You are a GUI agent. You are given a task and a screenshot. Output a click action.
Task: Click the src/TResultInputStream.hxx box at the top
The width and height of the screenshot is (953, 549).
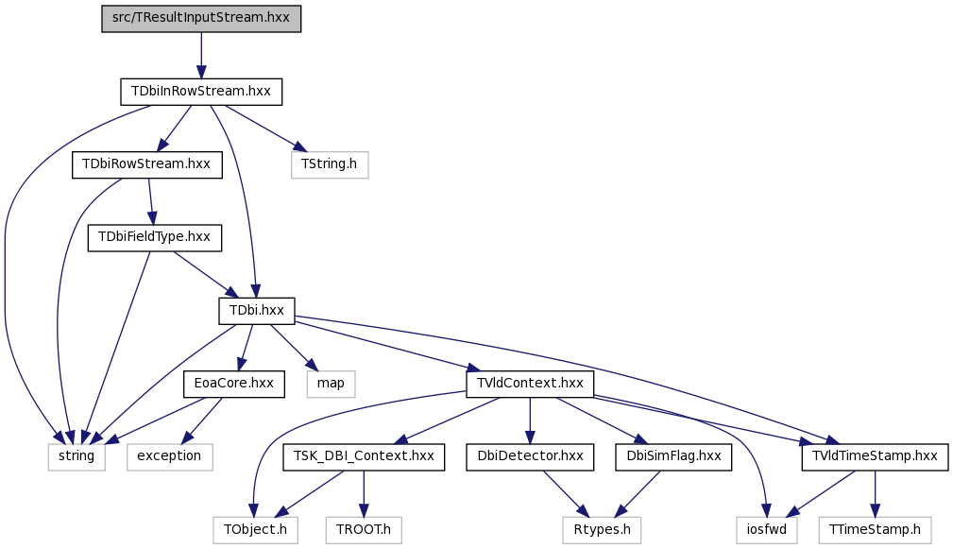[x=201, y=18]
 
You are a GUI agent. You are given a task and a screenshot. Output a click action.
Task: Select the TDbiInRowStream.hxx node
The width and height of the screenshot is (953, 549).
[x=201, y=92]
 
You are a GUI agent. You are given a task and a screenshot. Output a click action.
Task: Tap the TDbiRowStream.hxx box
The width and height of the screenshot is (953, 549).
[x=147, y=164]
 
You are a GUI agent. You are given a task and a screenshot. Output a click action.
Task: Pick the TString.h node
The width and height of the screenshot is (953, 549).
[x=330, y=164]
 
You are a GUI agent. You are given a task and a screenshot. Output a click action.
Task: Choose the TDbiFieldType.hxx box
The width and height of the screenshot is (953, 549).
[x=154, y=238]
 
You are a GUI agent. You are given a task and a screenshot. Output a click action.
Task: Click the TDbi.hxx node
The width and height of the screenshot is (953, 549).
[x=257, y=311]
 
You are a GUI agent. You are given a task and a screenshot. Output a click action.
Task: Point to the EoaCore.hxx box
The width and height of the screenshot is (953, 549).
[x=234, y=384]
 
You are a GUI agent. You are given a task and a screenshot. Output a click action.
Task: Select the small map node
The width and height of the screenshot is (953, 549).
[x=331, y=384]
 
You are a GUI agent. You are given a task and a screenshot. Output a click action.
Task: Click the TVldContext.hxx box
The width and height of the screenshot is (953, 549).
[x=530, y=384]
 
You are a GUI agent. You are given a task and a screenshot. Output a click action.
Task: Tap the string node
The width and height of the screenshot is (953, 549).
[x=77, y=456]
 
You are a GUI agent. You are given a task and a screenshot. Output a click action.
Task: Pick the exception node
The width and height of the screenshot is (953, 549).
[x=170, y=456]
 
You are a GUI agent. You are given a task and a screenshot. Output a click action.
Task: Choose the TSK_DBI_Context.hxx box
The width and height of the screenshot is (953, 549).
[x=364, y=456]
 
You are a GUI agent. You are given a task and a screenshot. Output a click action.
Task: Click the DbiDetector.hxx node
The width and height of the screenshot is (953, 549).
[x=530, y=456]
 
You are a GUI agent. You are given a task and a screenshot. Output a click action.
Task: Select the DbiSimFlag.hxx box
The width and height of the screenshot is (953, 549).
[x=673, y=456]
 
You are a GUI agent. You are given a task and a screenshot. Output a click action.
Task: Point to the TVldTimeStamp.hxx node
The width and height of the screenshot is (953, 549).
[x=875, y=456]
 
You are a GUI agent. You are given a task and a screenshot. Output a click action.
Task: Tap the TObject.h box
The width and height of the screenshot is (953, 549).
[x=255, y=529]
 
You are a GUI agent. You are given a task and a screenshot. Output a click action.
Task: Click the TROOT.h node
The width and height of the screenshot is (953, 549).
[x=364, y=529]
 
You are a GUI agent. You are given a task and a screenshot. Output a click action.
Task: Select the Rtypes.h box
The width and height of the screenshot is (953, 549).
[x=602, y=529]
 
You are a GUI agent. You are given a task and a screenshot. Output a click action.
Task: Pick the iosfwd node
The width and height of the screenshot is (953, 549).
[x=766, y=529]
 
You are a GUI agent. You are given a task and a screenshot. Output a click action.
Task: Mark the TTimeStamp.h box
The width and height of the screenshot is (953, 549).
[x=875, y=529]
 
